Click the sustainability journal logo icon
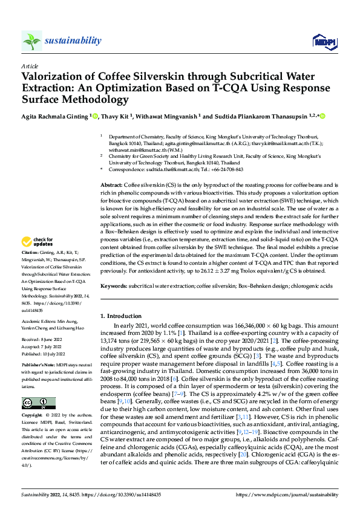coord(31,41)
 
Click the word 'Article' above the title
coord(30,66)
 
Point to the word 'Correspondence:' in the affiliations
coord(126,169)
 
